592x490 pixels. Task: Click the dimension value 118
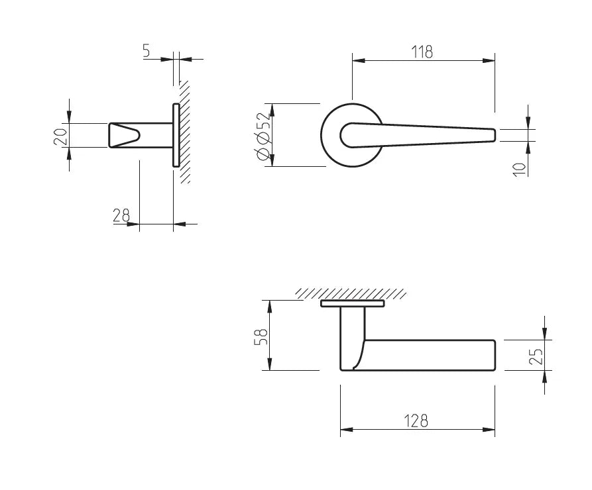point(422,52)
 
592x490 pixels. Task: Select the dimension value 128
point(416,421)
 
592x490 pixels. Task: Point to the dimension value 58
point(261,337)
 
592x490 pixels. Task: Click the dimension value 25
point(536,356)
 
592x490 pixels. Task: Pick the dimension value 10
point(520,170)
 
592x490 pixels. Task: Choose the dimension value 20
point(60,137)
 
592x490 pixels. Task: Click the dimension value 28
point(121,215)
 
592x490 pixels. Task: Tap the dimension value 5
point(146,50)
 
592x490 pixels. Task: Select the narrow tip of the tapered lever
point(494,135)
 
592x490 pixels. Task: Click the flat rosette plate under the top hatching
point(352,303)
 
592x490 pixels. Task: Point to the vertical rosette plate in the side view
point(176,135)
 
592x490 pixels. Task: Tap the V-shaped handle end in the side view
point(125,135)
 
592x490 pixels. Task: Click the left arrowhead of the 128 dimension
point(347,429)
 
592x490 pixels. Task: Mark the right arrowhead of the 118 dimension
point(489,60)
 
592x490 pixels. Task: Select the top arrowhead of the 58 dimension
point(270,307)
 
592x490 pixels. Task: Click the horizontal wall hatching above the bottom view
point(351,293)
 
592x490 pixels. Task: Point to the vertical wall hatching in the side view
point(184,132)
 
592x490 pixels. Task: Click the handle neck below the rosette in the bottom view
point(353,338)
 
